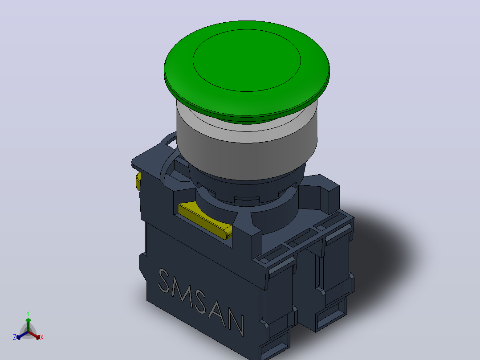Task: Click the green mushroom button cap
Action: pos(247,70)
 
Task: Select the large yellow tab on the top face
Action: pos(204,219)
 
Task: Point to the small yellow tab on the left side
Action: pos(138,181)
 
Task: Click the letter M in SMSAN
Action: pos(182,290)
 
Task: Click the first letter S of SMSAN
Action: pos(164,280)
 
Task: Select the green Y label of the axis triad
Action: pos(28,314)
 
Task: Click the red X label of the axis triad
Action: pos(42,337)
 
